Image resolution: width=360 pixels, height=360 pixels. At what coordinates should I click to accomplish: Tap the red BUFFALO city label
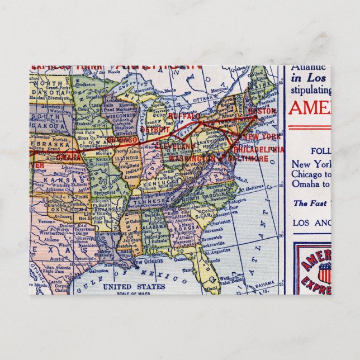(184, 116)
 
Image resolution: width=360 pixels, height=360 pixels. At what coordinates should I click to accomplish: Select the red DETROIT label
(154, 129)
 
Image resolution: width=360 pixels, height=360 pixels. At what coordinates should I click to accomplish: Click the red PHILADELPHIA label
(259, 150)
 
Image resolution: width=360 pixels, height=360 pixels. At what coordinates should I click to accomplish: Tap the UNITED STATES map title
(134, 287)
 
